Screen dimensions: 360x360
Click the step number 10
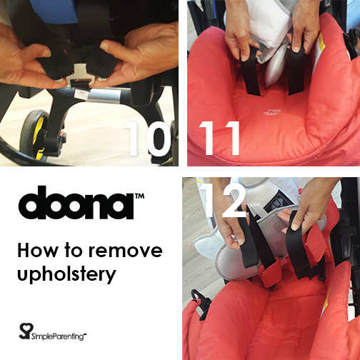pyautogui.click(x=147, y=139)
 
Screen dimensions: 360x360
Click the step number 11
pyautogui.click(x=219, y=139)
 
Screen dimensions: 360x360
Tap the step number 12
pyautogui.click(x=224, y=201)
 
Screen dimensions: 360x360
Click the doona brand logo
pyautogui.click(x=76, y=202)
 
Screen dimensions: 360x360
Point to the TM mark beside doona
pyautogui.click(x=139, y=196)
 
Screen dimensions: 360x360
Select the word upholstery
pyautogui.click(x=66, y=274)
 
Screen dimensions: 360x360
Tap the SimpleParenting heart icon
pyautogui.click(x=26, y=331)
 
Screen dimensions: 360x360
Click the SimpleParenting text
pyautogui.click(x=59, y=336)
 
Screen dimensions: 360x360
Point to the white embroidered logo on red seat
pyautogui.click(x=272, y=112)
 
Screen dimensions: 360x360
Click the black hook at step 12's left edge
pyautogui.click(x=199, y=301)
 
